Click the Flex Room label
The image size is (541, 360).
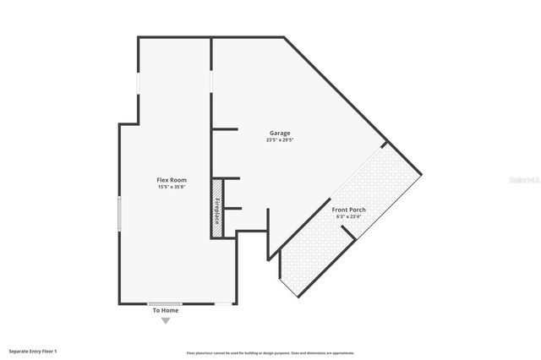(172, 180)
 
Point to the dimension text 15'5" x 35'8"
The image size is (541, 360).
(172, 188)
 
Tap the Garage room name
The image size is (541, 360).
(280, 133)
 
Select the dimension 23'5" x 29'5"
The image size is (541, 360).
(280, 140)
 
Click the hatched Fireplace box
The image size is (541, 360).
(217, 208)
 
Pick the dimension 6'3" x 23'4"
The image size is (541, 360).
(348, 216)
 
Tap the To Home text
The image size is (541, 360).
(166, 310)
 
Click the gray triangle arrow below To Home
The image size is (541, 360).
(166, 320)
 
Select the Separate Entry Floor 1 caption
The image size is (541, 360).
(33, 350)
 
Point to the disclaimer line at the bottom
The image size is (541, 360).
(270, 352)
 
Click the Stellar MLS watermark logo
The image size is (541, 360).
(523, 180)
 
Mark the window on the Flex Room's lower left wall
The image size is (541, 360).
(119, 213)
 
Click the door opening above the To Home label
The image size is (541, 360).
(166, 303)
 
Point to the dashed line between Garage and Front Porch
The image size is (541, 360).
(347, 182)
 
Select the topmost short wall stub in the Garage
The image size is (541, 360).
(223, 128)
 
